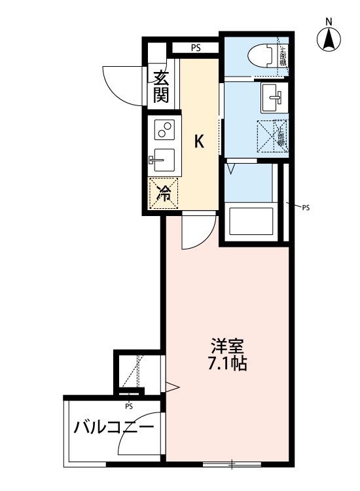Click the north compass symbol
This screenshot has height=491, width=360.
[329, 40]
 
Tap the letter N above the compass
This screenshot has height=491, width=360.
[329, 21]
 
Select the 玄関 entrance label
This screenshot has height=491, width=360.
[162, 87]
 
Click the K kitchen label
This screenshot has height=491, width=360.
[200, 141]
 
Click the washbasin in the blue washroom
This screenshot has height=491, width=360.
[271, 99]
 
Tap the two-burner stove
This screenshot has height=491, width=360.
[164, 130]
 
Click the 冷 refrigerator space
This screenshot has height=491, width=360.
[164, 193]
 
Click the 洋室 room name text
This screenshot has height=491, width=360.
[227, 345]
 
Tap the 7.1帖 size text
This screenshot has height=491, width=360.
[227, 364]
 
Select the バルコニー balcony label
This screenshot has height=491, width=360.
[114, 429]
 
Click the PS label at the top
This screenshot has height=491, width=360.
[196, 47]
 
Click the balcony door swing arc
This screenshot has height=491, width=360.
[137, 435]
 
